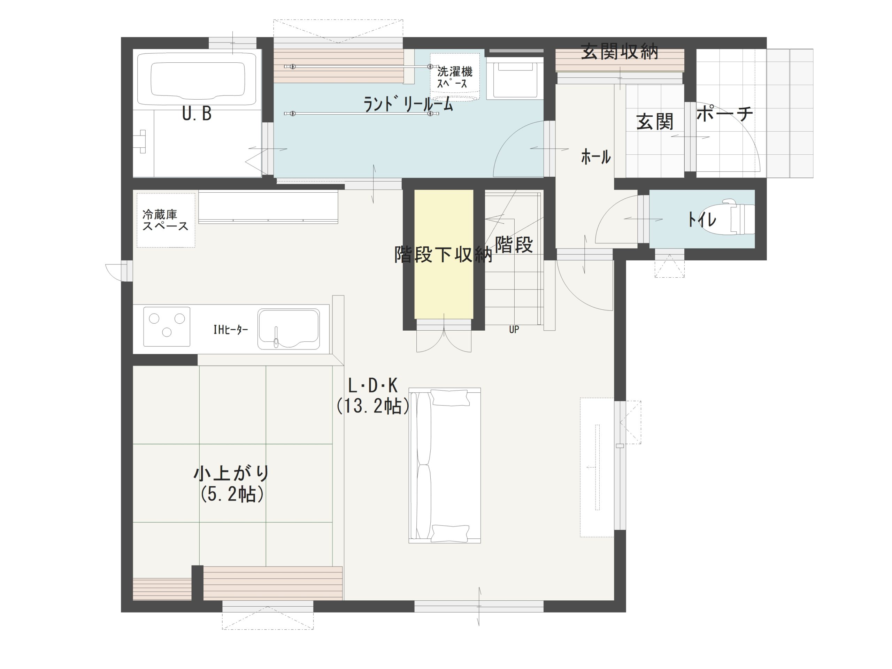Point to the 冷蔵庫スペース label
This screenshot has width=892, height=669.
click(166, 220)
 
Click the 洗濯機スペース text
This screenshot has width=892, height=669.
click(455, 78)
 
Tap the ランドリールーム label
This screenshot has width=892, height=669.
click(408, 105)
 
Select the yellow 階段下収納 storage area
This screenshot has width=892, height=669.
click(444, 254)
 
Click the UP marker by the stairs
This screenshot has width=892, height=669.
click(514, 330)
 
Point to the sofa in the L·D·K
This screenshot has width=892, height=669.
click(444, 466)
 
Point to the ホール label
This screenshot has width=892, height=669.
click(595, 156)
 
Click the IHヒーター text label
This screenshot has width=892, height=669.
click(231, 330)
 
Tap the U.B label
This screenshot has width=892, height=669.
click(197, 114)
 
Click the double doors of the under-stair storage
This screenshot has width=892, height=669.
click(444, 336)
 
